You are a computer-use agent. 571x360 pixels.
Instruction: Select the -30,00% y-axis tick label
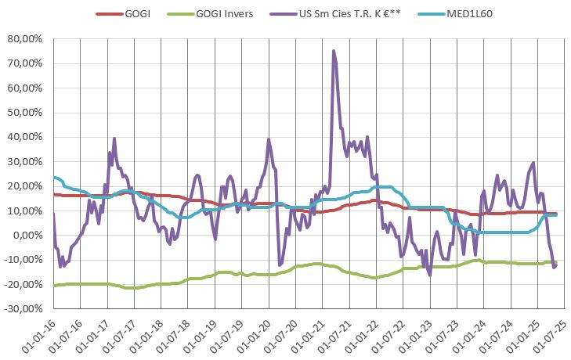coord(24,310)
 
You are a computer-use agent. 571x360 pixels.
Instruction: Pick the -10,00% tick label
coord(24,261)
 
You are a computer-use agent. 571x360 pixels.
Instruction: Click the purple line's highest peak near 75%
coord(334,52)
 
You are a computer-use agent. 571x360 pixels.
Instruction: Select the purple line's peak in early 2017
coord(114,139)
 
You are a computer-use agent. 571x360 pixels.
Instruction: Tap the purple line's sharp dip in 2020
coord(280,265)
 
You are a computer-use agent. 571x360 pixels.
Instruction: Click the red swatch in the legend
coord(109,13)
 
